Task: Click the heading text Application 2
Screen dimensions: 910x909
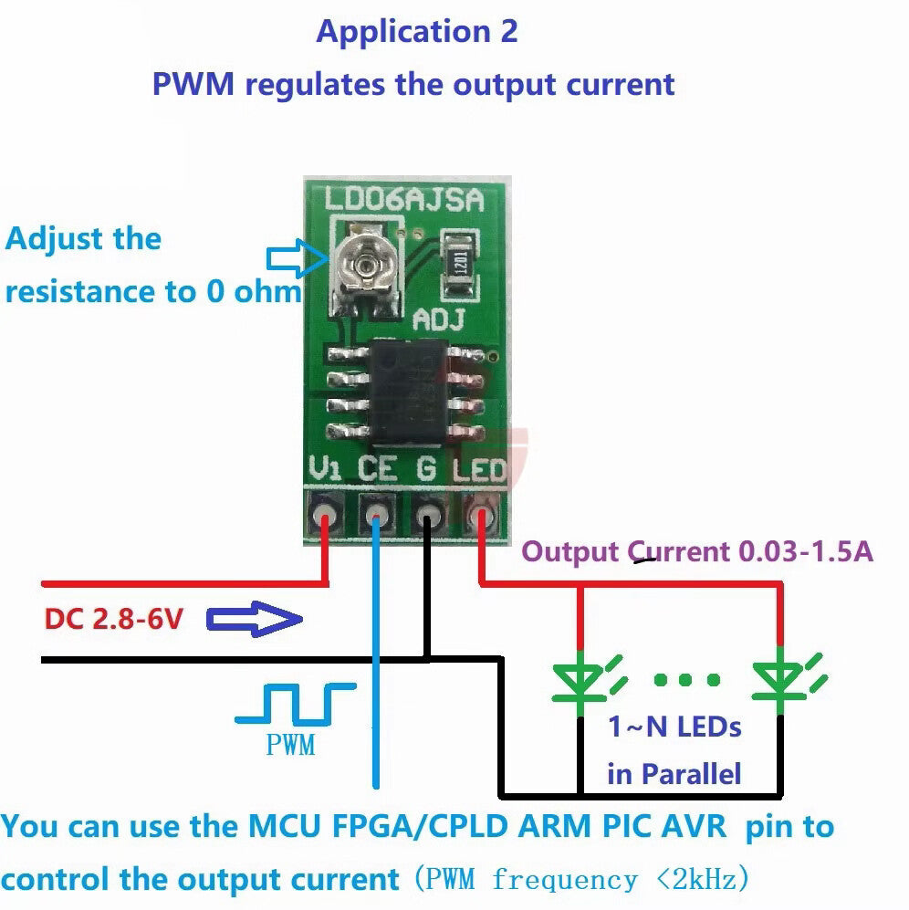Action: [416, 32]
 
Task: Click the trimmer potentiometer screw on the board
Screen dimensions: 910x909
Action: [366, 265]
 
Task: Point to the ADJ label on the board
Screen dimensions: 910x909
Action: [440, 319]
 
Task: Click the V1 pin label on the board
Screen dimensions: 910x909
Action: [326, 471]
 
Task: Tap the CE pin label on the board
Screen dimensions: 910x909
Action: [376, 471]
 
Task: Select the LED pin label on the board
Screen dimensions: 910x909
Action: [480, 471]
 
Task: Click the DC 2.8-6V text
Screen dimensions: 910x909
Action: [114, 621]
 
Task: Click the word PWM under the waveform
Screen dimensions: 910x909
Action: [290, 746]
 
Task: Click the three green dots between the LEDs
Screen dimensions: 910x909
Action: [686, 679]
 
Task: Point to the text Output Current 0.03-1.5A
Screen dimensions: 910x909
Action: [697, 552]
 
